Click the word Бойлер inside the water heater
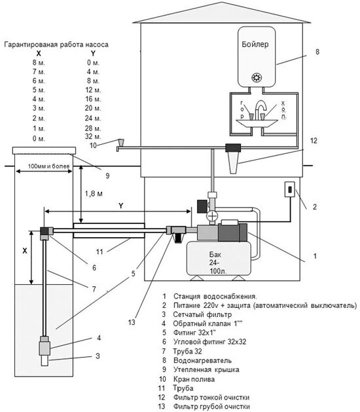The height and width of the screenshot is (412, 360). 255,44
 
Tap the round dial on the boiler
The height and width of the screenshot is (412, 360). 257,77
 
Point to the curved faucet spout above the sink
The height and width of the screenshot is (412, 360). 261,107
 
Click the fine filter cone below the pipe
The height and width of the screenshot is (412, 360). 233,163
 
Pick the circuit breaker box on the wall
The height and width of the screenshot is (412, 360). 290,189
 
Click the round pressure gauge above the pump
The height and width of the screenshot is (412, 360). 212,216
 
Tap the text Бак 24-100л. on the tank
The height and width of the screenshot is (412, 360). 218,263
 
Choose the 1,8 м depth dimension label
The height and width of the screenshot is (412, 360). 94,194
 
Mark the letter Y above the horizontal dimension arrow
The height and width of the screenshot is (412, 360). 120,206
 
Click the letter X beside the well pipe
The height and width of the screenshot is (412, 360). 25,251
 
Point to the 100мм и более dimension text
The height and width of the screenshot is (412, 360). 49,166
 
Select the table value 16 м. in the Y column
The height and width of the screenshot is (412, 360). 93,99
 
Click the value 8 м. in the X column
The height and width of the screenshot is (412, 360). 39,63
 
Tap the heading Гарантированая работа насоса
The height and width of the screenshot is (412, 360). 56,45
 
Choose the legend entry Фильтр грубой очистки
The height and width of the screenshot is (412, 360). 211,407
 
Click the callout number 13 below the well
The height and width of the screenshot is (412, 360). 132,322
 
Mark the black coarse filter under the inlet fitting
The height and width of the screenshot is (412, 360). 179,238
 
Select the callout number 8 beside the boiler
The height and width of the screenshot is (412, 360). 317,52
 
